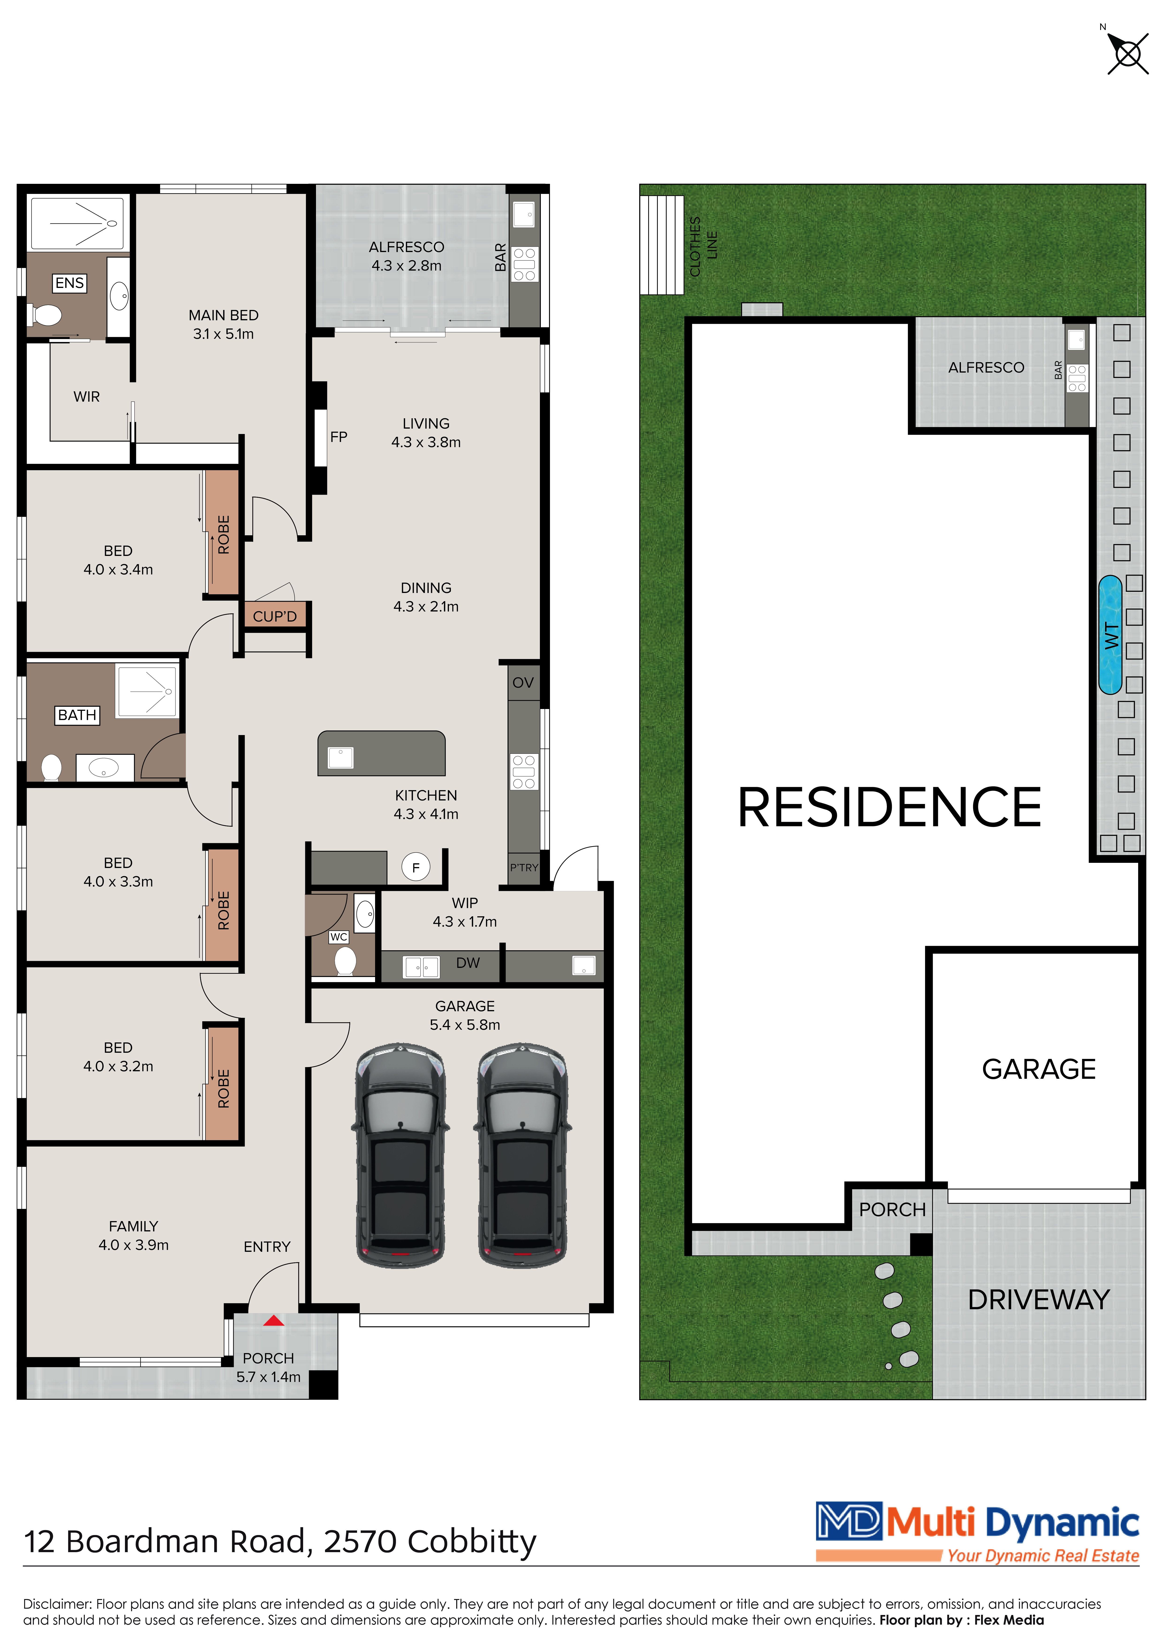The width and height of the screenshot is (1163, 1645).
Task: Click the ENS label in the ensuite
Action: (x=69, y=283)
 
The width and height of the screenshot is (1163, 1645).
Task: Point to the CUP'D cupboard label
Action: (x=275, y=616)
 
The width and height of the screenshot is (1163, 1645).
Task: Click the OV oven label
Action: (x=523, y=683)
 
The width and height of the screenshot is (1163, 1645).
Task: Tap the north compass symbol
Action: (x=1127, y=52)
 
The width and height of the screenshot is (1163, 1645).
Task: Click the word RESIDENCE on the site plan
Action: (x=889, y=807)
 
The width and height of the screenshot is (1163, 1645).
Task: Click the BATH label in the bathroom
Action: (x=77, y=715)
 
